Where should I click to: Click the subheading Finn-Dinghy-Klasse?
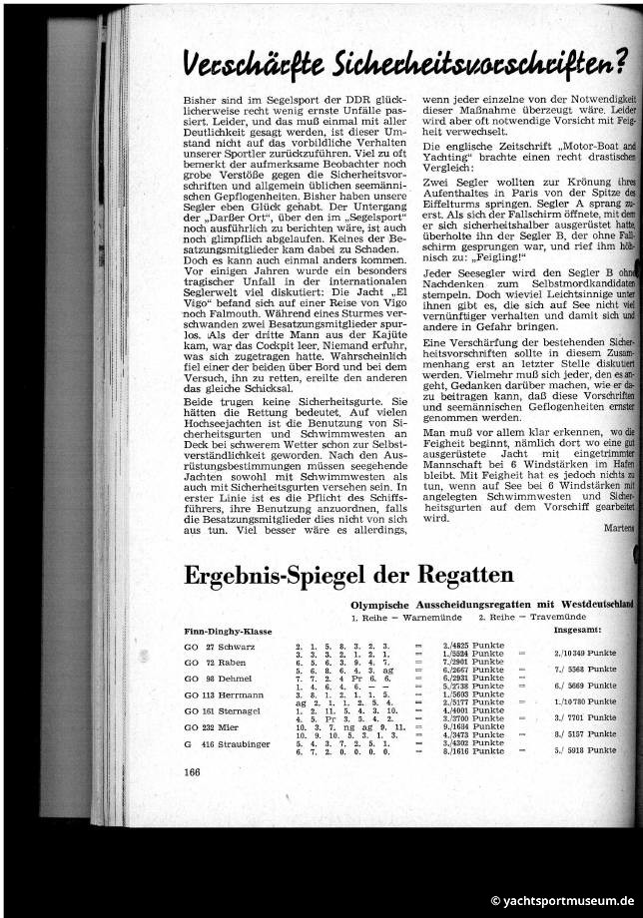pyautogui.click(x=229, y=631)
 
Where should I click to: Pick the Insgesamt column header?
pyautogui.click(x=583, y=631)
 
